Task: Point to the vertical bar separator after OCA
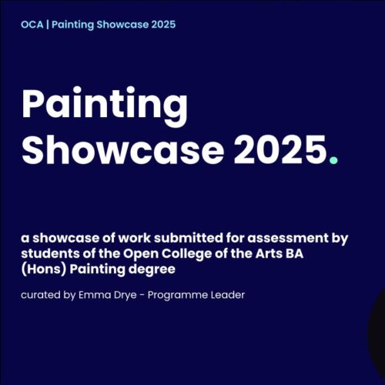pyautogui.click(x=46, y=25)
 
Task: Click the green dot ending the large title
pyautogui.click(x=333, y=161)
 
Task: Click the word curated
pyautogui.click(x=39, y=296)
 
